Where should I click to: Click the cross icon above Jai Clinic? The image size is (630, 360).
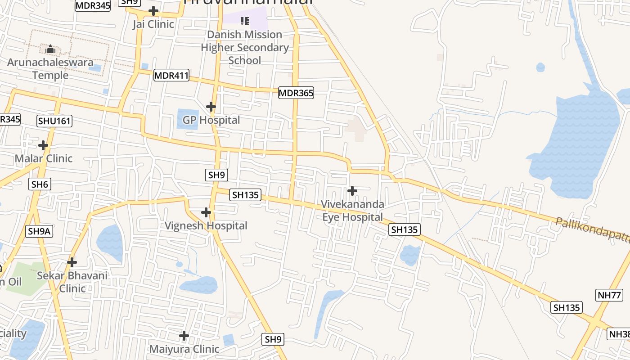pos(153,11)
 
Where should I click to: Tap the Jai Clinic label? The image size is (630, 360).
pos(153,24)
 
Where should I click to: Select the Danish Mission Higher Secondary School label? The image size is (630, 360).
pos(245,47)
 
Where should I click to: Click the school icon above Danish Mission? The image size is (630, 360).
pos(245,21)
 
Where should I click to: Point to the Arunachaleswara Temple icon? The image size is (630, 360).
pos(50,49)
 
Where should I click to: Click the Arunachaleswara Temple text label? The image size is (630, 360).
pos(50,68)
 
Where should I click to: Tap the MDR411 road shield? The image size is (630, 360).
pos(171,75)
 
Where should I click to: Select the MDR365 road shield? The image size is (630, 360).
pos(296,93)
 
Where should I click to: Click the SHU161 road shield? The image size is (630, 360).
pos(54,121)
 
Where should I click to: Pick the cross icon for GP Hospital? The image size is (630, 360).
pos(211,107)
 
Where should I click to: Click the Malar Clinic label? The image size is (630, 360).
pos(44,158)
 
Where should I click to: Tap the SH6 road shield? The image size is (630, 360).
pos(40,184)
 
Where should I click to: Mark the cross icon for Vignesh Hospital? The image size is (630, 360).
pos(206,212)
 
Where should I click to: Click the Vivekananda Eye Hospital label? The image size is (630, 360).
pos(352,211)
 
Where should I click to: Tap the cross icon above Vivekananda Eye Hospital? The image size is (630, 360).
pos(352,191)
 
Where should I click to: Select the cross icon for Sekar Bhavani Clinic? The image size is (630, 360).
pos(72,262)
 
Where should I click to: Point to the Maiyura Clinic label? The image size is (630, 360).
pos(184,349)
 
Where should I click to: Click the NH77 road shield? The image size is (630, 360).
pos(609,295)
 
